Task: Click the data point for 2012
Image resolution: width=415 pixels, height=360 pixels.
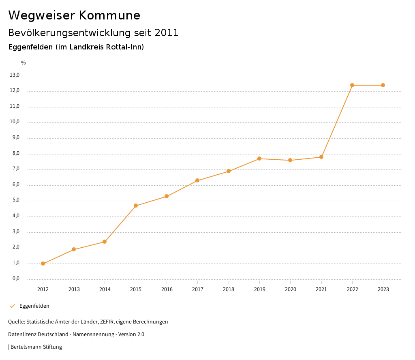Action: (x=43, y=264)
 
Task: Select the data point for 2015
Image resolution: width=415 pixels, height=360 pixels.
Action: (x=136, y=206)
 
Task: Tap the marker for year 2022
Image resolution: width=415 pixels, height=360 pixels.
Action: (x=352, y=85)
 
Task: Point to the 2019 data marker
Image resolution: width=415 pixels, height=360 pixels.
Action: (x=259, y=159)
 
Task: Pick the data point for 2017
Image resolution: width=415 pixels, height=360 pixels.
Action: (x=197, y=180)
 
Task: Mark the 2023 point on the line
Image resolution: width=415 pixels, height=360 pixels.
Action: (x=383, y=85)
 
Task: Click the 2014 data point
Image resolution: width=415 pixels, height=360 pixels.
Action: (x=105, y=242)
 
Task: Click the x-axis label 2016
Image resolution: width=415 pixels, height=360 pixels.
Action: (x=167, y=289)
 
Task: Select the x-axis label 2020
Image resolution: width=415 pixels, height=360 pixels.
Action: (x=290, y=289)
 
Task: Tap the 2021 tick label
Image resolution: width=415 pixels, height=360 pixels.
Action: (x=321, y=289)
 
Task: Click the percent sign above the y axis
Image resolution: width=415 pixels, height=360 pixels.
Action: (x=24, y=63)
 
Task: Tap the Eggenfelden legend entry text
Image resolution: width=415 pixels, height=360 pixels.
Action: (x=34, y=306)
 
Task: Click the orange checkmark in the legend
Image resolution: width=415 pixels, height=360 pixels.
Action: (x=12, y=306)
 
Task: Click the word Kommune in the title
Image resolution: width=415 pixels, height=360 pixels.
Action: (x=109, y=15)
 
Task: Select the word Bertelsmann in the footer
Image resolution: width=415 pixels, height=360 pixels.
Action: (x=26, y=347)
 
